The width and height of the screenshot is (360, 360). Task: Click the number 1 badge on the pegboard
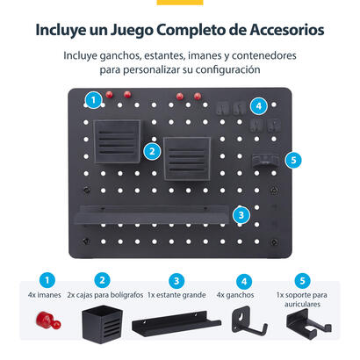pos(92,100)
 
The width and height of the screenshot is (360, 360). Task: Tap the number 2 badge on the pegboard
pos(153,150)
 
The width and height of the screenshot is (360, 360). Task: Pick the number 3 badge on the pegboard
pos(241,214)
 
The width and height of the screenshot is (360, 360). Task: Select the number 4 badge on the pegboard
pos(257,105)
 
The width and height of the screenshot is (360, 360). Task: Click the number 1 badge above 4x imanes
pos(50,280)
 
